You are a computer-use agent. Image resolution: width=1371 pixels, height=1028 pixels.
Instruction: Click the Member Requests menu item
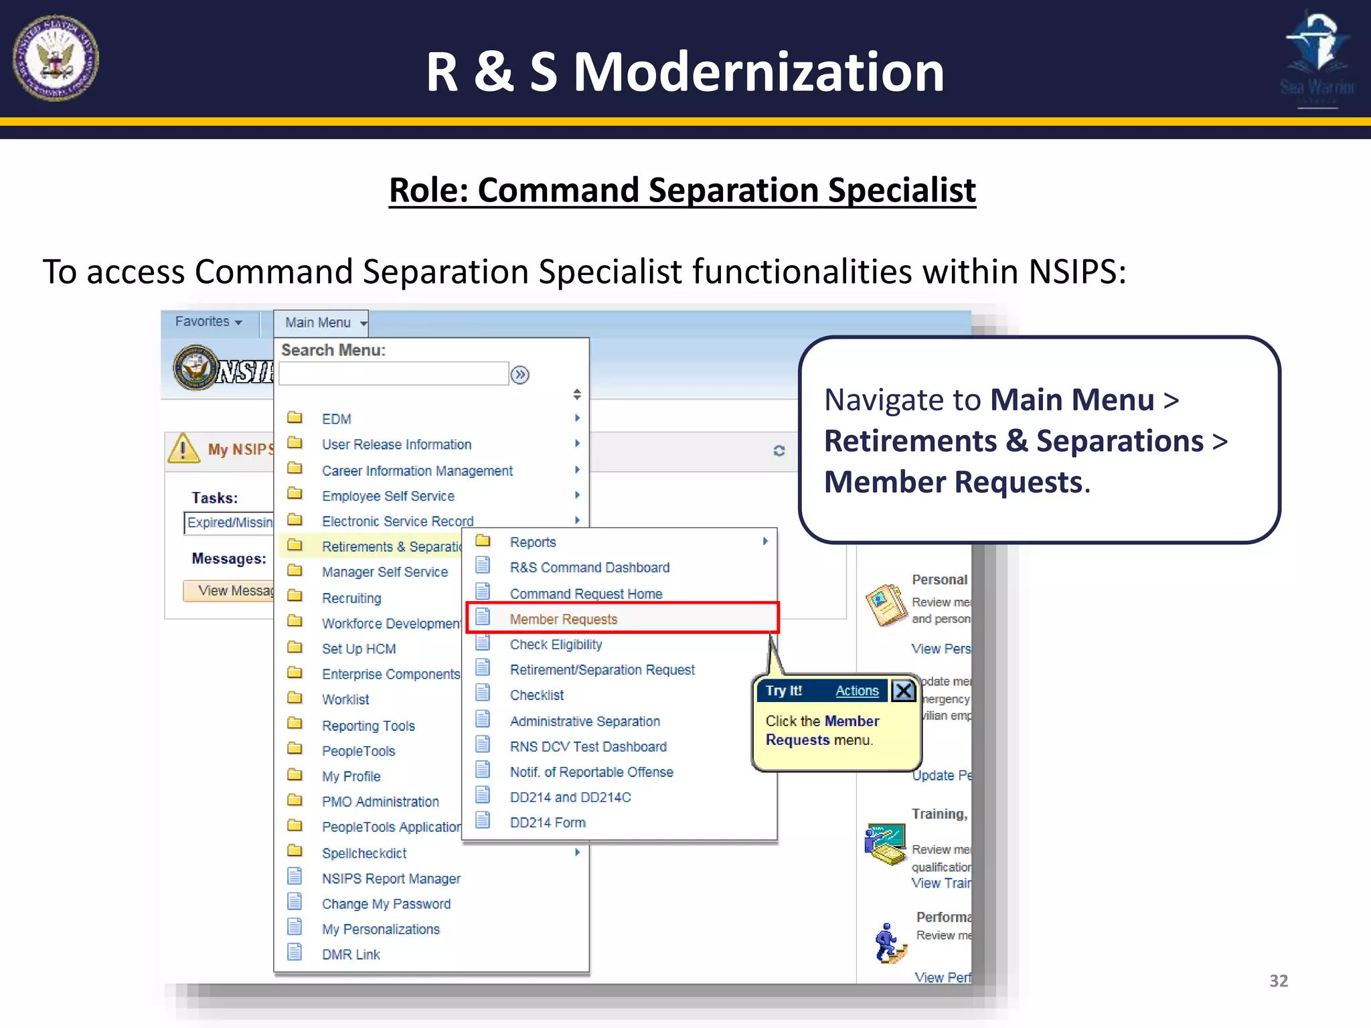point(563,619)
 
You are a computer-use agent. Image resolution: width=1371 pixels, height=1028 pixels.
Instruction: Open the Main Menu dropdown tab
point(321,323)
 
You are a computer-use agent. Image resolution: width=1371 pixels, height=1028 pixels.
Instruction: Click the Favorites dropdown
point(208,322)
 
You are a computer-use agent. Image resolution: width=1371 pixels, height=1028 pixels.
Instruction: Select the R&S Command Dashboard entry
point(589,568)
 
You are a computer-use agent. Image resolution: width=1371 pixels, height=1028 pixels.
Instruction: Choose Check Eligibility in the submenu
point(556,645)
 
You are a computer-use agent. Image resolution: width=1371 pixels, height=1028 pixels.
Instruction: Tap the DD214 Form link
point(548,823)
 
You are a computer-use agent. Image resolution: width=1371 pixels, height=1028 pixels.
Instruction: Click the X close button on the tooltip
point(903,690)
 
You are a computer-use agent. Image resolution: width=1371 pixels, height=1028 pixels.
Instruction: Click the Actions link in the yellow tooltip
point(857,691)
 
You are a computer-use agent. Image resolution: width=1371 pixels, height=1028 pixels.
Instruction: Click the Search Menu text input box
point(394,373)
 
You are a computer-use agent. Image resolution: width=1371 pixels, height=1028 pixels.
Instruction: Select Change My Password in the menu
point(386,904)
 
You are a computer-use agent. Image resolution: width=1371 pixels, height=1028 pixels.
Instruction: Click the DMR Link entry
point(351,955)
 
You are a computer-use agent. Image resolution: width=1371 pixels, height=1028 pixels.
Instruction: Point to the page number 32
point(1279,981)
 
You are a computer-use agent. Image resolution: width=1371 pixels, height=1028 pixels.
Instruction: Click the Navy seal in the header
point(56,58)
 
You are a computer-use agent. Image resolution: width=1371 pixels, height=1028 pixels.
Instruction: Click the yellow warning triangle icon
point(183,448)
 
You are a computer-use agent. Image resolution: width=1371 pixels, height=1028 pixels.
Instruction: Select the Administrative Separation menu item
point(584,721)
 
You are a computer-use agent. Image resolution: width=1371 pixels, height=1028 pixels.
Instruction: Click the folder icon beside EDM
point(295,418)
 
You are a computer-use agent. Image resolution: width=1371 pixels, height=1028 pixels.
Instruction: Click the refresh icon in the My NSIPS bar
point(779,450)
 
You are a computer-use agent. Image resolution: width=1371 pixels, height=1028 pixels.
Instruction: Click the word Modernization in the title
point(758,72)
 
